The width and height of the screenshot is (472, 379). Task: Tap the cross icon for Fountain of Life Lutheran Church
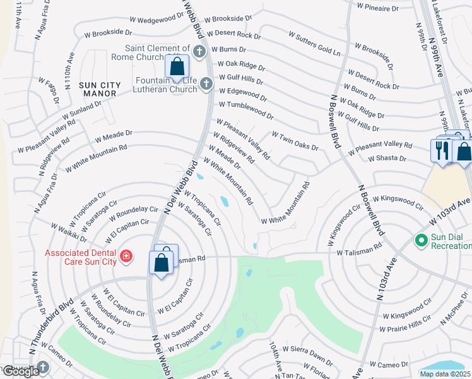click(205, 84)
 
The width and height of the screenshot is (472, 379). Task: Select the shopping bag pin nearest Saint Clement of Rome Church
click(177, 66)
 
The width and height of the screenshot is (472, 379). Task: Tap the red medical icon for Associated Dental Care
click(126, 256)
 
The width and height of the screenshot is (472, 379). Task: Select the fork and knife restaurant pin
click(440, 150)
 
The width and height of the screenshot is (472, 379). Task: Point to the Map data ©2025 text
click(445, 374)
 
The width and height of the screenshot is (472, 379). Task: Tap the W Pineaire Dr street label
click(377, 9)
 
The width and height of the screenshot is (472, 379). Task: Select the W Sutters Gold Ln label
click(314, 42)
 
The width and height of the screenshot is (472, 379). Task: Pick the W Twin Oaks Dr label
click(295, 141)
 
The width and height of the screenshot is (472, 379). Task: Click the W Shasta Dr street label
click(389, 159)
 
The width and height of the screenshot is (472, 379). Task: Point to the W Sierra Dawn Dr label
click(307, 354)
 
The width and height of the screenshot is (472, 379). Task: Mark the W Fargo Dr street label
click(49, 91)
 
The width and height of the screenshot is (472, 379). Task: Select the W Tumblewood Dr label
click(246, 111)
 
